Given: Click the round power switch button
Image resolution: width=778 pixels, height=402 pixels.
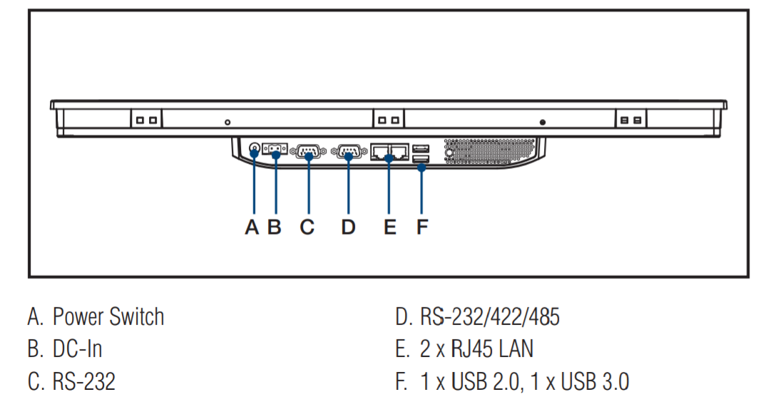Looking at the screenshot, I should [x=255, y=150].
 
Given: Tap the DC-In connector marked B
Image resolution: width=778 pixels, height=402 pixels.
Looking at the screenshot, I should [x=275, y=150].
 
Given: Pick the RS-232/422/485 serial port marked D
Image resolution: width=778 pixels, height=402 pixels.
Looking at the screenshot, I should [x=349, y=151].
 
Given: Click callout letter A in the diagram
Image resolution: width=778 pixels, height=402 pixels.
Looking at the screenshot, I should [x=252, y=227].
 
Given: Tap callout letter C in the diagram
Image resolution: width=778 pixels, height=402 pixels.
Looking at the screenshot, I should [x=307, y=227].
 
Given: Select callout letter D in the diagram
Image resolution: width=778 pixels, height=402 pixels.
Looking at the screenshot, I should [x=348, y=227].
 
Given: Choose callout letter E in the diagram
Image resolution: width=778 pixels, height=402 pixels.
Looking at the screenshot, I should [x=389, y=227].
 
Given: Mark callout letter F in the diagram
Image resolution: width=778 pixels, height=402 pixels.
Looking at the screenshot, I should [x=422, y=227].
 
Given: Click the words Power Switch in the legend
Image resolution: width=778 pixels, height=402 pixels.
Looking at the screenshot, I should [x=108, y=317].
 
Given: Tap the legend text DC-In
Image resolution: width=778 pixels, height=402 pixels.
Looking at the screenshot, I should [x=77, y=349].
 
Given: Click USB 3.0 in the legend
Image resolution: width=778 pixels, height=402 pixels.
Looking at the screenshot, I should [x=595, y=382].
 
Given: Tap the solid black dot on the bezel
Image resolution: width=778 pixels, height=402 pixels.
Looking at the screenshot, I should [x=543, y=123].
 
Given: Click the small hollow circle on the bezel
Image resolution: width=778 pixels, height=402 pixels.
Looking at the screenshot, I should [x=227, y=123].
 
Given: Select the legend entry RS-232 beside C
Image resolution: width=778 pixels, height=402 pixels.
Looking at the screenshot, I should [x=83, y=382].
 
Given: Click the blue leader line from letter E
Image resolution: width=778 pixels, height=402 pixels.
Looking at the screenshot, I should [x=389, y=189].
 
